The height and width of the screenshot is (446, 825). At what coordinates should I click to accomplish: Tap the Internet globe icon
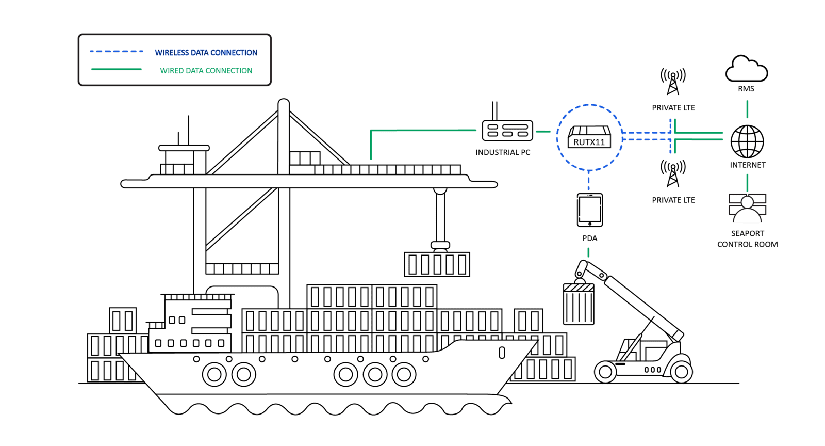click(x=747, y=141)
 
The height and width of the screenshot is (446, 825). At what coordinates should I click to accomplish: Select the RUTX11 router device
click(x=589, y=137)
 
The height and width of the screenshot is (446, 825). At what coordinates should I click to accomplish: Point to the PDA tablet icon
click(x=590, y=210)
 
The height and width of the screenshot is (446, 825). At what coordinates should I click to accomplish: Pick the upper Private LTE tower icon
click(x=673, y=82)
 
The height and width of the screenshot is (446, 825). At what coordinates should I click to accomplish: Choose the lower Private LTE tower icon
click(x=673, y=173)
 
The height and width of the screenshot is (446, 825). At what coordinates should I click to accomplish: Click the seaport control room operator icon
click(x=747, y=208)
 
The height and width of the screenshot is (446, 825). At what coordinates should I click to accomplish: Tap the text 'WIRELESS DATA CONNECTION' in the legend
click(x=206, y=52)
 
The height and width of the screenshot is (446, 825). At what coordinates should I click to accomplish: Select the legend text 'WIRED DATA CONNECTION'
click(x=206, y=70)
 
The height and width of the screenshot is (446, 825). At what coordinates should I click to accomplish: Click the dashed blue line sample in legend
click(x=117, y=51)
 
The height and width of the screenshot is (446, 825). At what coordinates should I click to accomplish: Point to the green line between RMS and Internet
click(x=747, y=109)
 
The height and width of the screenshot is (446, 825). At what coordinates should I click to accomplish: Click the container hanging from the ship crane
click(x=437, y=264)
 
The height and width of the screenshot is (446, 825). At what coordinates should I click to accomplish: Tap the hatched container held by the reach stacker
click(x=579, y=304)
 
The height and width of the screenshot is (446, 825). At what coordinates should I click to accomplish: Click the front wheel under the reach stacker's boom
click(x=605, y=372)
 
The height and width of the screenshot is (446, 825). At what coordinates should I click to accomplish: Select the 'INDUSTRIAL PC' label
click(x=503, y=152)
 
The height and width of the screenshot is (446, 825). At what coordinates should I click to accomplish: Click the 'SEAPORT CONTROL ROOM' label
click(x=747, y=239)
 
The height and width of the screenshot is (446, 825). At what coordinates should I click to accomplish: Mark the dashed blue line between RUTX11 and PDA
click(x=588, y=181)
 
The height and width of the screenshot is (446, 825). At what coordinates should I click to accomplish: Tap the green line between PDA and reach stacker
click(x=588, y=252)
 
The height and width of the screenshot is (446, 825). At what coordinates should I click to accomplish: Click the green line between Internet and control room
click(x=747, y=183)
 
